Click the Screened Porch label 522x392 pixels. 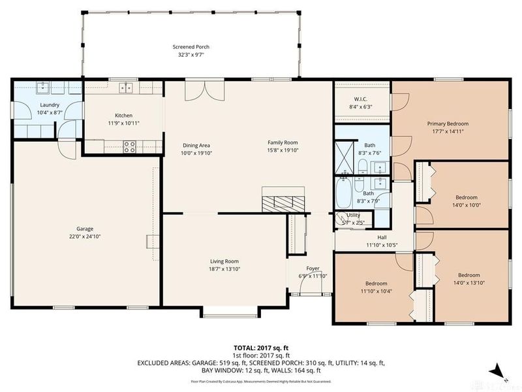(191, 48)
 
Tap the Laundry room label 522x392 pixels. (50, 105)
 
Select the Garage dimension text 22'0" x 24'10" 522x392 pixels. (84, 237)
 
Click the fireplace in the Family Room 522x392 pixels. (283, 200)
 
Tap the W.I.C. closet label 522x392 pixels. (361, 99)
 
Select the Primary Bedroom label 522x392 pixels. (448, 123)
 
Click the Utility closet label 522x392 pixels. (353, 214)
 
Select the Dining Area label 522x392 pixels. (196, 145)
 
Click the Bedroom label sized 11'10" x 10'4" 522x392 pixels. (376, 283)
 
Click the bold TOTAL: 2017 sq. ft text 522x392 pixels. (260, 348)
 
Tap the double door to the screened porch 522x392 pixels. (198, 91)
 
